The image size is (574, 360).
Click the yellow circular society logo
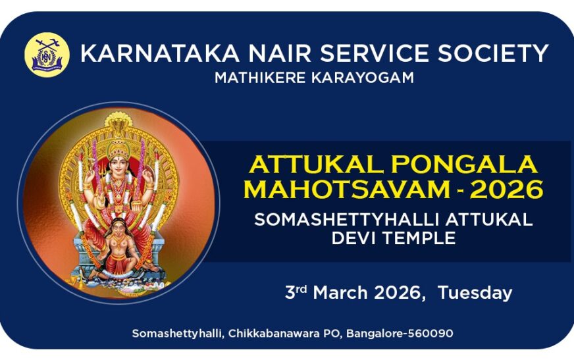[x=47, y=55]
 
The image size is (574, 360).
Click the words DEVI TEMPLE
[x=393, y=238]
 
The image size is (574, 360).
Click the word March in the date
[x=340, y=293]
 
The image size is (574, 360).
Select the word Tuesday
[x=475, y=293]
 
